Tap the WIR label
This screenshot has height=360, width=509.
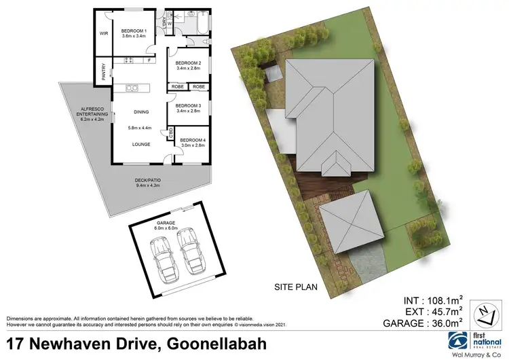[x=105, y=33]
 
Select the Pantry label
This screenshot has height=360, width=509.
[x=103, y=72]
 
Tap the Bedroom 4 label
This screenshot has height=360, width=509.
[x=193, y=142]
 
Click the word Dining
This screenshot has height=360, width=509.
[x=141, y=111]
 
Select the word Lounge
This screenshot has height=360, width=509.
[x=141, y=144]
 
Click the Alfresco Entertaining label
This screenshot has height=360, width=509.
[x=92, y=115]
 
